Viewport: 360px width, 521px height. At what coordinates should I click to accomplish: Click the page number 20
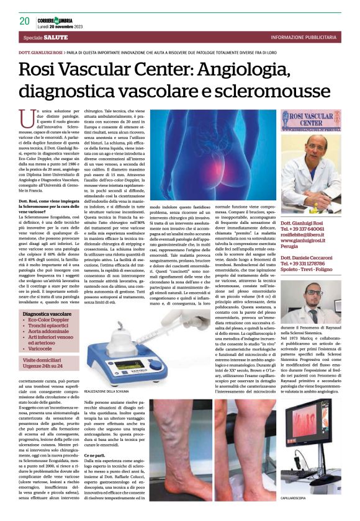point(24,21)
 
